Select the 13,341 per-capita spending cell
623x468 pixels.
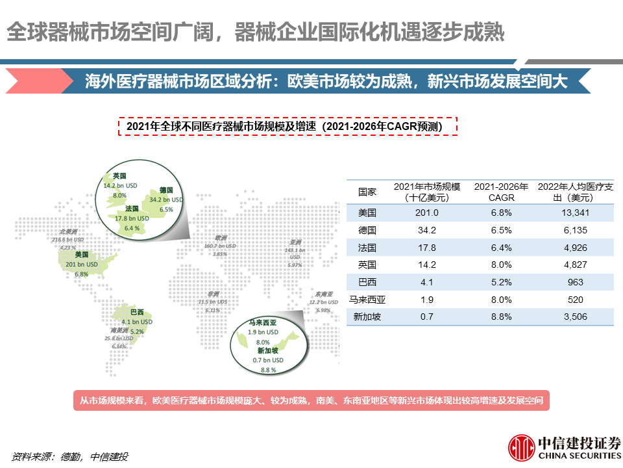[x=574, y=213]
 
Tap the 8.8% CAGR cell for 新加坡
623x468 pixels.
[x=500, y=317]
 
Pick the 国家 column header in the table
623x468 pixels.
[x=367, y=192]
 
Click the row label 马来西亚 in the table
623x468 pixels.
[x=367, y=300]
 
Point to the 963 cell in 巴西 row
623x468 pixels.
[x=574, y=282]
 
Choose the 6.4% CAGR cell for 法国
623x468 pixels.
[x=500, y=248]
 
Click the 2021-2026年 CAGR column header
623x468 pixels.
[x=500, y=192]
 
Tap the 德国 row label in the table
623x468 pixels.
[x=367, y=230]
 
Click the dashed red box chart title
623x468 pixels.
[x=287, y=126]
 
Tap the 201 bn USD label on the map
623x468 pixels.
[x=82, y=265]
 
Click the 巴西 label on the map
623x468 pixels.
[x=137, y=311]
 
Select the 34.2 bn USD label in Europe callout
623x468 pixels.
[x=166, y=200]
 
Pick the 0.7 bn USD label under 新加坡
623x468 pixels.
[x=268, y=360]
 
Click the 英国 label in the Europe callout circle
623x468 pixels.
[x=119, y=176]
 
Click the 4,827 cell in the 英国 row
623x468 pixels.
[x=574, y=265]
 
